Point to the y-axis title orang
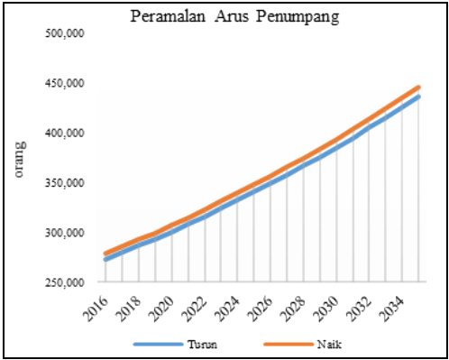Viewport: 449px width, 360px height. [20, 160]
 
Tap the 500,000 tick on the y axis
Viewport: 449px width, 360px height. [64, 33]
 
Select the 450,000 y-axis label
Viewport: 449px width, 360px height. [64, 83]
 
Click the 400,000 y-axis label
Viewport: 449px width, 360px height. [64, 133]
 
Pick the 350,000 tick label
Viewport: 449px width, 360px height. [64, 183]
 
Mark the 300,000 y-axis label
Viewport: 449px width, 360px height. [64, 233]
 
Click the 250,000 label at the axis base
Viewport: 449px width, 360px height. [64, 282]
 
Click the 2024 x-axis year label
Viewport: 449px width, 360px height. [217, 306]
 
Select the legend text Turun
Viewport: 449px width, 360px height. [202, 345]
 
